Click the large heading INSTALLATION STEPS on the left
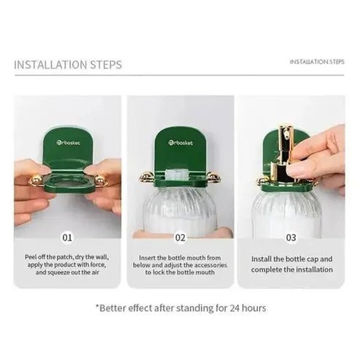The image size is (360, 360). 68,65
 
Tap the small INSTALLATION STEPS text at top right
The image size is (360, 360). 317,62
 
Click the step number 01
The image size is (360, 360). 67,238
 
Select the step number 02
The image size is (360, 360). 180,238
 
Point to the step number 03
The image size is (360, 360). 291,238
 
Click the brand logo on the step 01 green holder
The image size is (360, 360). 68,143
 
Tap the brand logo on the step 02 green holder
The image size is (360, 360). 181,143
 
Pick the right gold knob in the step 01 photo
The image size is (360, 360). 100,180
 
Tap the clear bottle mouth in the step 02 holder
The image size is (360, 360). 177,175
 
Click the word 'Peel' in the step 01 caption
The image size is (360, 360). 31,257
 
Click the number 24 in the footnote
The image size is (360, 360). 235,308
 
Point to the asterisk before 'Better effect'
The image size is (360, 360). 97,306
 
